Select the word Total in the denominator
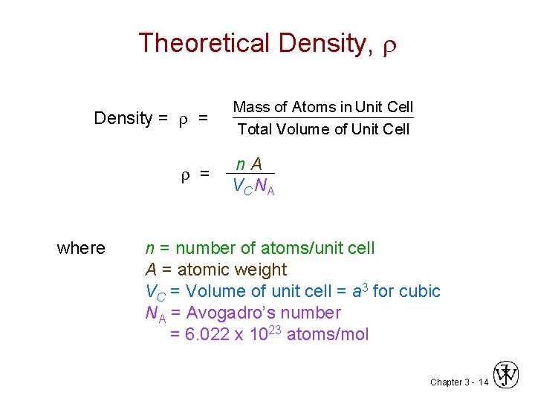pyautogui.click(x=255, y=129)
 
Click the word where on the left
pyautogui.click(x=81, y=248)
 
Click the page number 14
pyautogui.click(x=484, y=382)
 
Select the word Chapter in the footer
pyautogui.click(x=445, y=382)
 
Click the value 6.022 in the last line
pyautogui.click(x=206, y=334)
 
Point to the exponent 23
pyautogui.click(x=274, y=328)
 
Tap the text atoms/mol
pyautogui.click(x=328, y=334)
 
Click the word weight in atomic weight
pyautogui.click(x=259, y=270)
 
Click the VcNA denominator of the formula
pyautogui.click(x=253, y=186)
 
